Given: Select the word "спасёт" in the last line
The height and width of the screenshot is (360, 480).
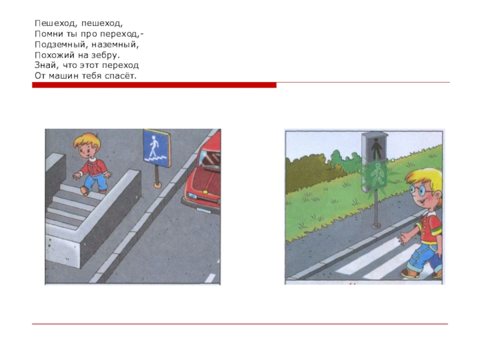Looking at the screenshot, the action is click(121, 76).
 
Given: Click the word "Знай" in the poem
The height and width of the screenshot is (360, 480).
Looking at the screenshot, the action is click(46, 65).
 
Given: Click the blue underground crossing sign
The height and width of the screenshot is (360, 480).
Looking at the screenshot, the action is click(157, 148).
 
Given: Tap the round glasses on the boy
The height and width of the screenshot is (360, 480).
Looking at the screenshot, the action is click(421, 190).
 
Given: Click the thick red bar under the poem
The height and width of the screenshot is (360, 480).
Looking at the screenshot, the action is click(154, 85).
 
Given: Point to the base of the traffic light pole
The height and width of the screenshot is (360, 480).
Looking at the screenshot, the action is click(376, 226).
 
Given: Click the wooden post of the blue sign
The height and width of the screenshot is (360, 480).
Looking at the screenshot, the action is click(157, 176).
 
